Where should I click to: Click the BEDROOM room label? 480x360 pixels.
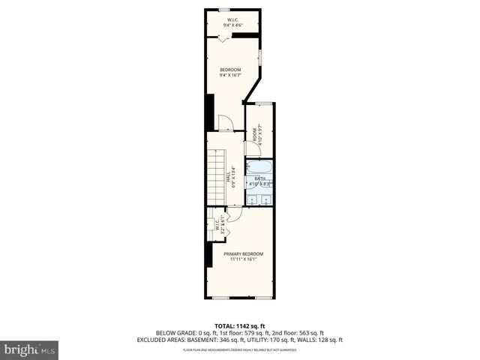230,69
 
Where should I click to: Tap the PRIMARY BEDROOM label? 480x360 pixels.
243,253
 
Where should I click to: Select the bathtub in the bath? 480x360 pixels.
259,169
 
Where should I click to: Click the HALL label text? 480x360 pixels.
228,178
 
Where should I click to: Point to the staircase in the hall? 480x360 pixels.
216,177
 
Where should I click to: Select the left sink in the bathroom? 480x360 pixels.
253,200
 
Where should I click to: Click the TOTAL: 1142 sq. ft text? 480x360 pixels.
239,326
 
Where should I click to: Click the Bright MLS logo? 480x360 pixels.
30,349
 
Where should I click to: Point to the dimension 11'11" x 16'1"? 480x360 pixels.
243,259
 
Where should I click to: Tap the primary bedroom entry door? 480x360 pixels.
233,214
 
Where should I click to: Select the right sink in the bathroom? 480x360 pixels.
265,200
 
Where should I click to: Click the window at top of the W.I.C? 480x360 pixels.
223,10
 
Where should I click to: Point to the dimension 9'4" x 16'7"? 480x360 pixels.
230,75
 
